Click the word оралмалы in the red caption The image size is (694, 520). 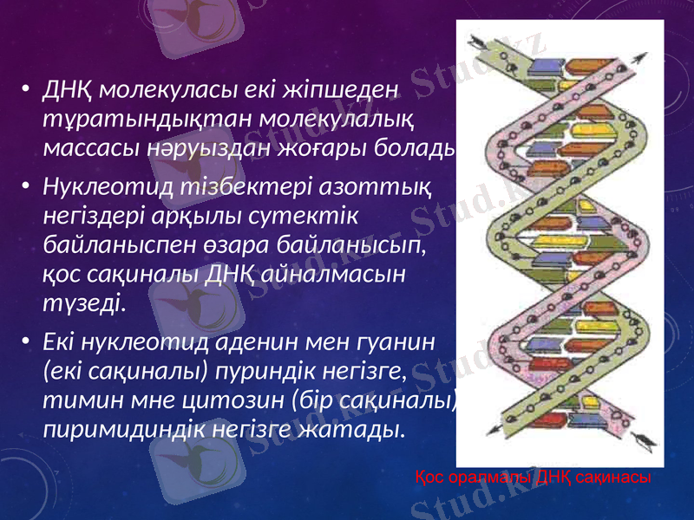coord(489,478)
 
